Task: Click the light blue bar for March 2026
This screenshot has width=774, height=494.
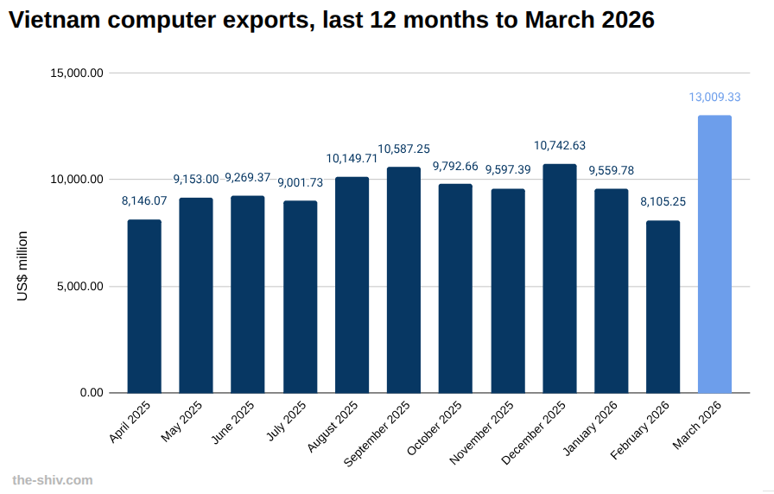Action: pyautogui.click(x=714, y=255)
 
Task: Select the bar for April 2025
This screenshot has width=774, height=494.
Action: pyautogui.click(x=144, y=307)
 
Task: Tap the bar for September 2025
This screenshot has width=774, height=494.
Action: pyautogui.click(x=403, y=281)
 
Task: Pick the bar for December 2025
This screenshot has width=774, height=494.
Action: pyautogui.click(x=560, y=279)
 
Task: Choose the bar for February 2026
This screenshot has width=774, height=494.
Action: pyautogui.click(x=663, y=307)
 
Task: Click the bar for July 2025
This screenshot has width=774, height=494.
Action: pyautogui.click(x=300, y=297)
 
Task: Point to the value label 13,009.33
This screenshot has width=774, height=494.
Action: pyautogui.click(x=714, y=98)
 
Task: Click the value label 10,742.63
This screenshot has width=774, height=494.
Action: pyautogui.click(x=560, y=146)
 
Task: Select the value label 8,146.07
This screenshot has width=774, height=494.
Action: pyautogui.click(x=144, y=201)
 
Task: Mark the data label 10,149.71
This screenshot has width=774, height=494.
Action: pyautogui.click(x=352, y=158)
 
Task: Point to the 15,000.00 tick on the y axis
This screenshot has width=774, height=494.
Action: pyautogui.click(x=78, y=73)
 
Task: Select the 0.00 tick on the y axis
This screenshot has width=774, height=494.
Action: pyautogui.click(x=91, y=393)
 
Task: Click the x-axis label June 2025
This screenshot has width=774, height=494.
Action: pyautogui.click(x=232, y=423)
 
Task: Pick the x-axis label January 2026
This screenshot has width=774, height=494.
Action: pyautogui.click(x=591, y=427)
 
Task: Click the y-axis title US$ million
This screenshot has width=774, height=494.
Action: pyautogui.click(x=23, y=266)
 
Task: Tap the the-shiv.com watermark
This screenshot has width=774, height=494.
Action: pyautogui.click(x=53, y=480)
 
